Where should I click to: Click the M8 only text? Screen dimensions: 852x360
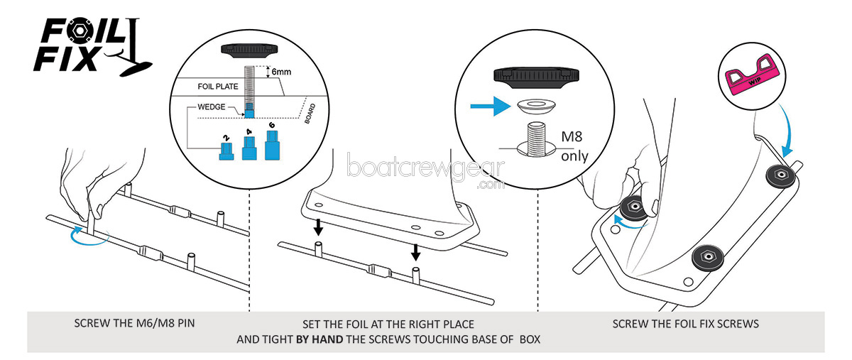[x=574, y=148]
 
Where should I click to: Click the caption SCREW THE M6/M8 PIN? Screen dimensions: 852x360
[x=135, y=324]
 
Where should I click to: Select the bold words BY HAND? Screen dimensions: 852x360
[x=319, y=339]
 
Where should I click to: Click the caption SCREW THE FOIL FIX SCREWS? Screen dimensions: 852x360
[x=686, y=324]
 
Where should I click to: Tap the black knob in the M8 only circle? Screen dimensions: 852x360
[x=537, y=74]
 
